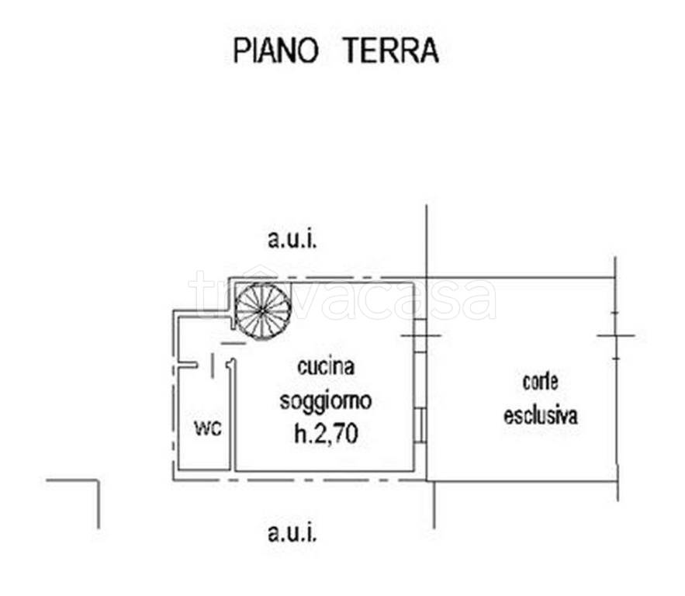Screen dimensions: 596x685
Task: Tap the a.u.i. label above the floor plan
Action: (x=292, y=241)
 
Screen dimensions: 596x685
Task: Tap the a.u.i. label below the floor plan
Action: (x=292, y=533)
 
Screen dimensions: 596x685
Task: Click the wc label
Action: (x=207, y=428)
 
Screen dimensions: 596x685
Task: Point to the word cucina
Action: (x=325, y=366)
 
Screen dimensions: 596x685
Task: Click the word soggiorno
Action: (x=326, y=401)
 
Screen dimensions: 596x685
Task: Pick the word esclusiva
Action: (x=540, y=415)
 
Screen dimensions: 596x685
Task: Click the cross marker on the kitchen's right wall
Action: (x=421, y=335)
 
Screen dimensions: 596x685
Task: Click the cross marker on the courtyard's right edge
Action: (x=616, y=335)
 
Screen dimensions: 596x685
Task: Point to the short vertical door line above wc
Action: (x=212, y=365)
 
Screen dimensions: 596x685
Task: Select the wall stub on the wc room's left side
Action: (x=185, y=364)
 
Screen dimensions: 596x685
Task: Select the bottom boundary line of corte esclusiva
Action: (x=524, y=480)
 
